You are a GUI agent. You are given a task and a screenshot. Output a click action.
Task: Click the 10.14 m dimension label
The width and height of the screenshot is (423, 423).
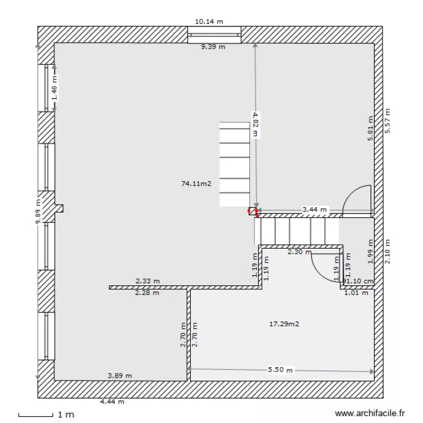pyautogui.click(x=209, y=22)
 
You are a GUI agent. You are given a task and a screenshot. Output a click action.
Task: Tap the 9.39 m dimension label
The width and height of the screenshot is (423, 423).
pyautogui.click(x=213, y=47)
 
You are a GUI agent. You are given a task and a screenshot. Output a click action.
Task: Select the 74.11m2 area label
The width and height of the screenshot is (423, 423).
pyautogui.click(x=196, y=183)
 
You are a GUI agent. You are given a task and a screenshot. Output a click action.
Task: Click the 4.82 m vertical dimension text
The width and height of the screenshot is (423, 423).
pyautogui.click(x=255, y=124)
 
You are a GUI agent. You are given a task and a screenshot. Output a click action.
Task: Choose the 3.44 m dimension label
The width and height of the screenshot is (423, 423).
pyautogui.click(x=315, y=209)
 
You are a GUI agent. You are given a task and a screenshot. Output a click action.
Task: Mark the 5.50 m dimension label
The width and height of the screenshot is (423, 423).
pyautogui.click(x=280, y=371)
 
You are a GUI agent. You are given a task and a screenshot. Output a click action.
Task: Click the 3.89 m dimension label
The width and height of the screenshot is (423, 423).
pyautogui.click(x=120, y=375)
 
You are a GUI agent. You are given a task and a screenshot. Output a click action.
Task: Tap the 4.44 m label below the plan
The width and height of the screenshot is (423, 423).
pyautogui.click(x=112, y=402)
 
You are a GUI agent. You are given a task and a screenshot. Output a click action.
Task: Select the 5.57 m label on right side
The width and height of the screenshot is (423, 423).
pyautogui.click(x=387, y=121)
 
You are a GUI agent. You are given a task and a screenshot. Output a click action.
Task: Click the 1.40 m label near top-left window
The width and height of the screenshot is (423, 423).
pyautogui.click(x=55, y=89)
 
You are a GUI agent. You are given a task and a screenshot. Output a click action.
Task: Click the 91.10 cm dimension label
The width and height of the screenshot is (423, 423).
pyautogui.click(x=359, y=281)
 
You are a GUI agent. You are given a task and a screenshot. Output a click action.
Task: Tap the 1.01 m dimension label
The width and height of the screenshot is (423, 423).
pyautogui.click(x=356, y=292)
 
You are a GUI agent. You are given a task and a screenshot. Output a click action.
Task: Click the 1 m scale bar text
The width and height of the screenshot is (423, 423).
pyautogui.click(x=66, y=415)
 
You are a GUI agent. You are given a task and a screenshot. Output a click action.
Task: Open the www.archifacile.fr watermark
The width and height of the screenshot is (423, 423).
pyautogui.click(x=370, y=413)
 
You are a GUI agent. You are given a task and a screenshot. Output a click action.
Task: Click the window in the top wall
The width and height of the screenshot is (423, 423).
pyautogui.click(x=214, y=35)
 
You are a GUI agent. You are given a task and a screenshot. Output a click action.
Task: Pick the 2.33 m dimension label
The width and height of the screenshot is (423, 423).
pyautogui.click(x=148, y=280)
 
